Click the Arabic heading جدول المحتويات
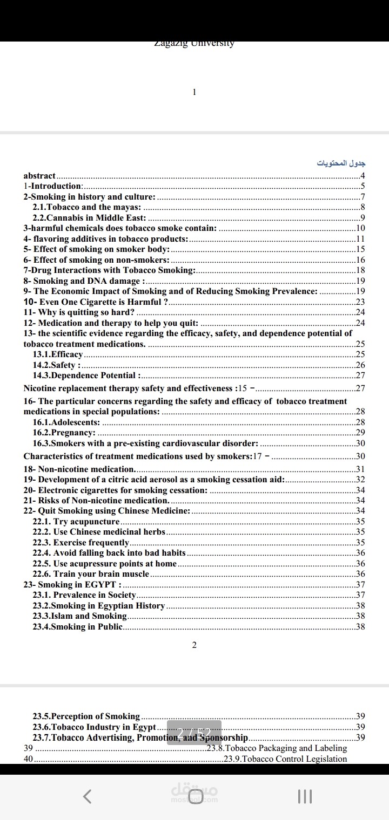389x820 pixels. tap(341, 163)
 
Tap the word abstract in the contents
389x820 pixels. tap(39, 175)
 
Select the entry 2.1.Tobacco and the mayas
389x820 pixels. tap(87, 207)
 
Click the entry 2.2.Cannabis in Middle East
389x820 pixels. tap(89, 218)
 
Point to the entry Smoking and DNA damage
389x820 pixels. tap(84, 281)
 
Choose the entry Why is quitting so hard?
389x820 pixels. tap(79, 312)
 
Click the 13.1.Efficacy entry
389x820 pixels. tap(58, 354)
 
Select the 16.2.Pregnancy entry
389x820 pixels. tap(64, 433)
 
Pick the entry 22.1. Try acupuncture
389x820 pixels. tap(76, 522)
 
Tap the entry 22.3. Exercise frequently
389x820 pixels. tap(81, 543)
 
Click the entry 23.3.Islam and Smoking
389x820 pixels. tap(80, 616)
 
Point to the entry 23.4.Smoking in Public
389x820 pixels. tap(78, 627)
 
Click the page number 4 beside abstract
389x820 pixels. tap(363, 175)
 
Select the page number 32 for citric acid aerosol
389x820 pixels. tap(360, 480)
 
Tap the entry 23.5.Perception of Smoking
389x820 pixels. tap(86, 716)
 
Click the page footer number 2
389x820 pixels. tap(194, 645)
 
